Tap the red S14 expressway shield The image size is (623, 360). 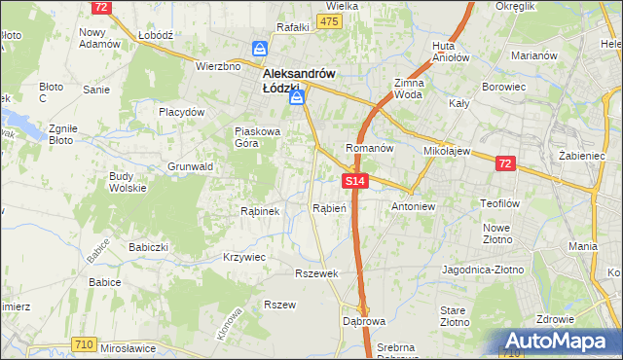pos(355,181)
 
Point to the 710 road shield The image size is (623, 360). pos(85,343)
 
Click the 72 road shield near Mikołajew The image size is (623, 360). pos(504,164)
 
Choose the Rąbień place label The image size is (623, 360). pos(329,207)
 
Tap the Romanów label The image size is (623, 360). pos(369,149)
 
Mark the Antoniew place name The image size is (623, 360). pos(411,207)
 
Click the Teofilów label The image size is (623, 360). pos(502,204)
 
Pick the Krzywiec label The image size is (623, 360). pos(244,256)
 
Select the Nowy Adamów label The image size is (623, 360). pos(98,38)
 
